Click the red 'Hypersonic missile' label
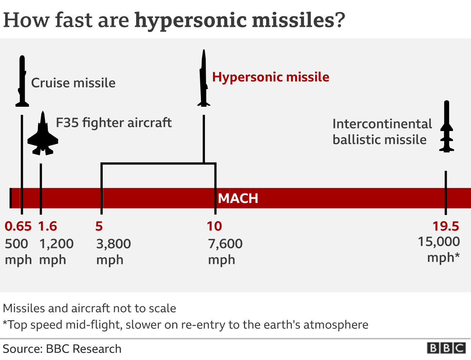tap(270, 77)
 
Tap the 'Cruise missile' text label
tap(73, 83)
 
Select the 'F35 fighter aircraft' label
tap(114, 123)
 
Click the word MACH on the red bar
tap(238, 198)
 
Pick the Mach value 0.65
tap(18, 226)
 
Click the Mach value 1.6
tap(47, 226)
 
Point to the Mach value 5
tap(99, 226)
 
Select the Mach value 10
tap(214, 226)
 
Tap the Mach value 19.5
tap(446, 226)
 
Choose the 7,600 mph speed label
tap(225, 251)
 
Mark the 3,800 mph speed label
tap(113, 251)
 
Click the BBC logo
tap(446, 348)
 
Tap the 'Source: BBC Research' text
tap(62, 349)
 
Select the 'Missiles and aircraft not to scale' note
tap(89, 308)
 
